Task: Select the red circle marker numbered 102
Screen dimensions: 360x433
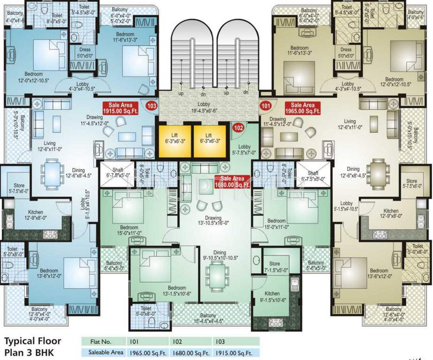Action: point(238,127)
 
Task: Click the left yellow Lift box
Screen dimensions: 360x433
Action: point(175,141)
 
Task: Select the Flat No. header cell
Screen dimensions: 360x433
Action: point(104,342)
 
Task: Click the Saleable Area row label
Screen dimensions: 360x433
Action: point(103,352)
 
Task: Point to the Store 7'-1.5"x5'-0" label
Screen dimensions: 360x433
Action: point(274,267)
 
